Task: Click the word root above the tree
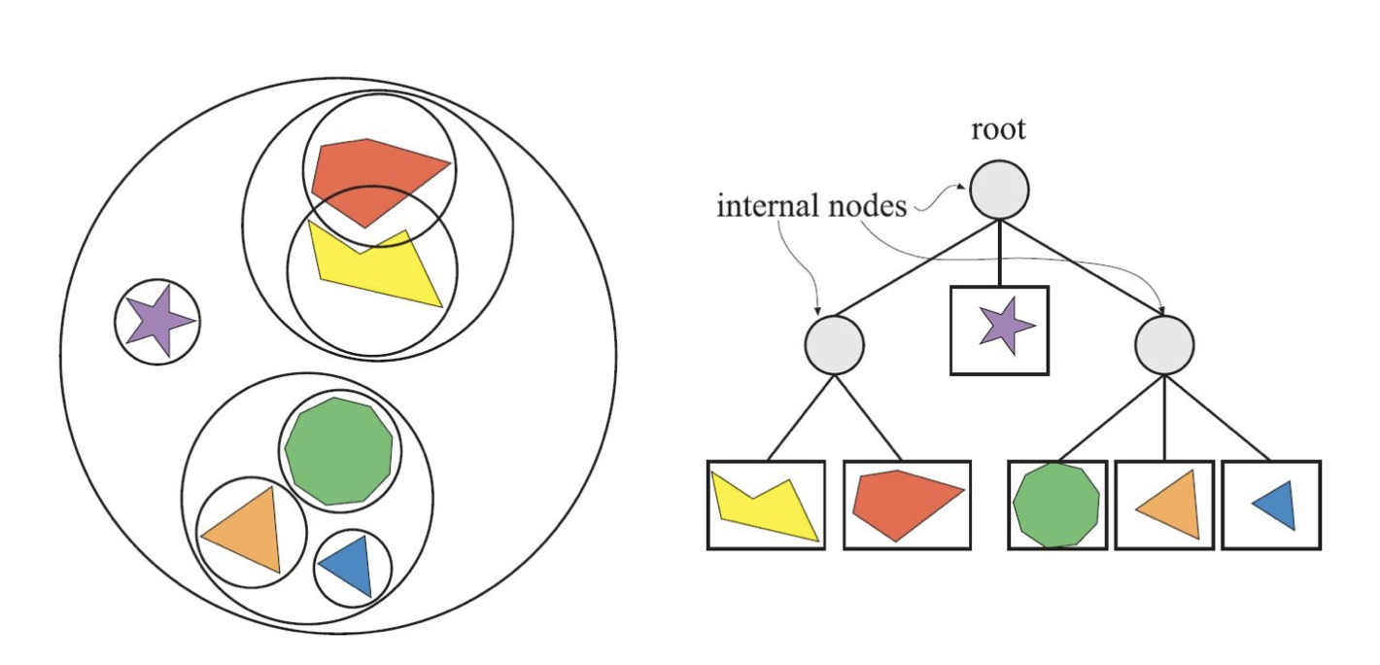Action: click(x=998, y=130)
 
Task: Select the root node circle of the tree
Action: click(x=999, y=189)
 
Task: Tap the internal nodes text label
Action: click(x=811, y=206)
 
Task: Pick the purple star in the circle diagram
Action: click(x=158, y=319)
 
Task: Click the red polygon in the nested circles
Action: click(x=374, y=177)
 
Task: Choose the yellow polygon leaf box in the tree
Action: click(x=765, y=505)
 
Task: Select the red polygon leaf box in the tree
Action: click(x=906, y=505)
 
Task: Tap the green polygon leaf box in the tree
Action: click(x=1056, y=505)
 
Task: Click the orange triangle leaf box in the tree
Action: click(x=1164, y=505)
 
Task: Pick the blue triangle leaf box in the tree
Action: click(x=1270, y=505)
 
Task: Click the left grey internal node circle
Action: click(x=834, y=345)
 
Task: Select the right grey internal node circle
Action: click(x=1164, y=345)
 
